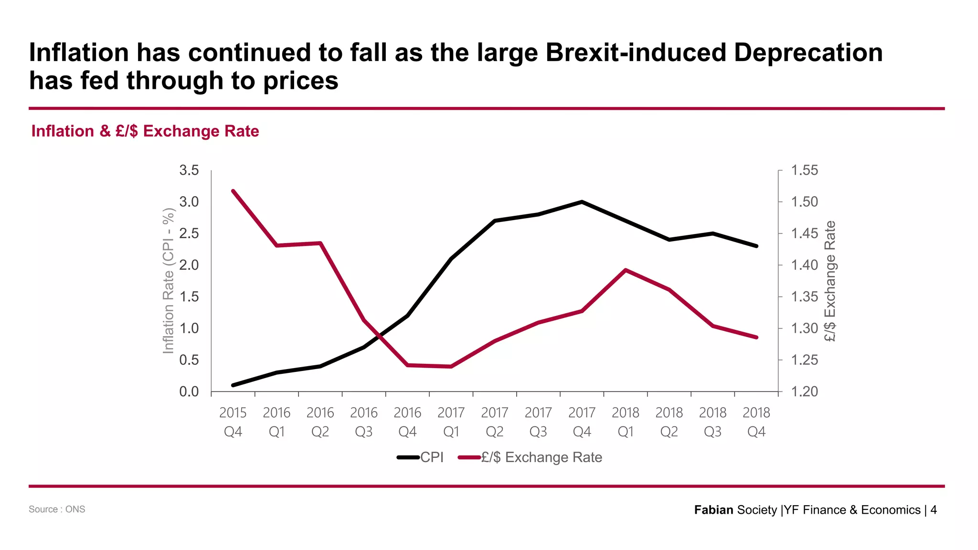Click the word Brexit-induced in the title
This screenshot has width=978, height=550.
tap(635, 53)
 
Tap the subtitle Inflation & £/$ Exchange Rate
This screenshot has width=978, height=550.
tap(145, 131)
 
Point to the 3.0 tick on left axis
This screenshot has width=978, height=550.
tap(189, 202)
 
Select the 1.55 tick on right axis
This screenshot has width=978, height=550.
tap(804, 170)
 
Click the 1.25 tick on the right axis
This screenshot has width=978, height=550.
tap(804, 360)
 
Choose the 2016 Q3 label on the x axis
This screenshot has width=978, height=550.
tap(363, 422)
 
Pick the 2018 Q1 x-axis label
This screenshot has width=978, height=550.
tap(625, 422)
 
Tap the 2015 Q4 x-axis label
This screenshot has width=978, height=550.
tap(233, 422)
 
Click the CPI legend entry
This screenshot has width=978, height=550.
tap(421, 457)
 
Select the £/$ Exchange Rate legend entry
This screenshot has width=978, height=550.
tap(530, 457)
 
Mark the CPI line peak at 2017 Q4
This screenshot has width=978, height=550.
tap(582, 202)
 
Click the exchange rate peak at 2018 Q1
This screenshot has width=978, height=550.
tap(625, 270)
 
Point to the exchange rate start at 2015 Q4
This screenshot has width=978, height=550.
tap(233, 191)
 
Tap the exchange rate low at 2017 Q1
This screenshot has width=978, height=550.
tap(451, 367)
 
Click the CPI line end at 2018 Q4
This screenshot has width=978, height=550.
tap(756, 246)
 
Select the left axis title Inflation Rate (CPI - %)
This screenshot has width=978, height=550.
tap(168, 281)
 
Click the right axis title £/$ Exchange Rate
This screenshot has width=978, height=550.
tap(830, 281)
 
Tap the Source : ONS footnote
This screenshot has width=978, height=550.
tap(57, 509)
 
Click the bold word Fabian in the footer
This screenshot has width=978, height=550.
tap(713, 510)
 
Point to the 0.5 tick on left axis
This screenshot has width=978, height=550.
tap(189, 360)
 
